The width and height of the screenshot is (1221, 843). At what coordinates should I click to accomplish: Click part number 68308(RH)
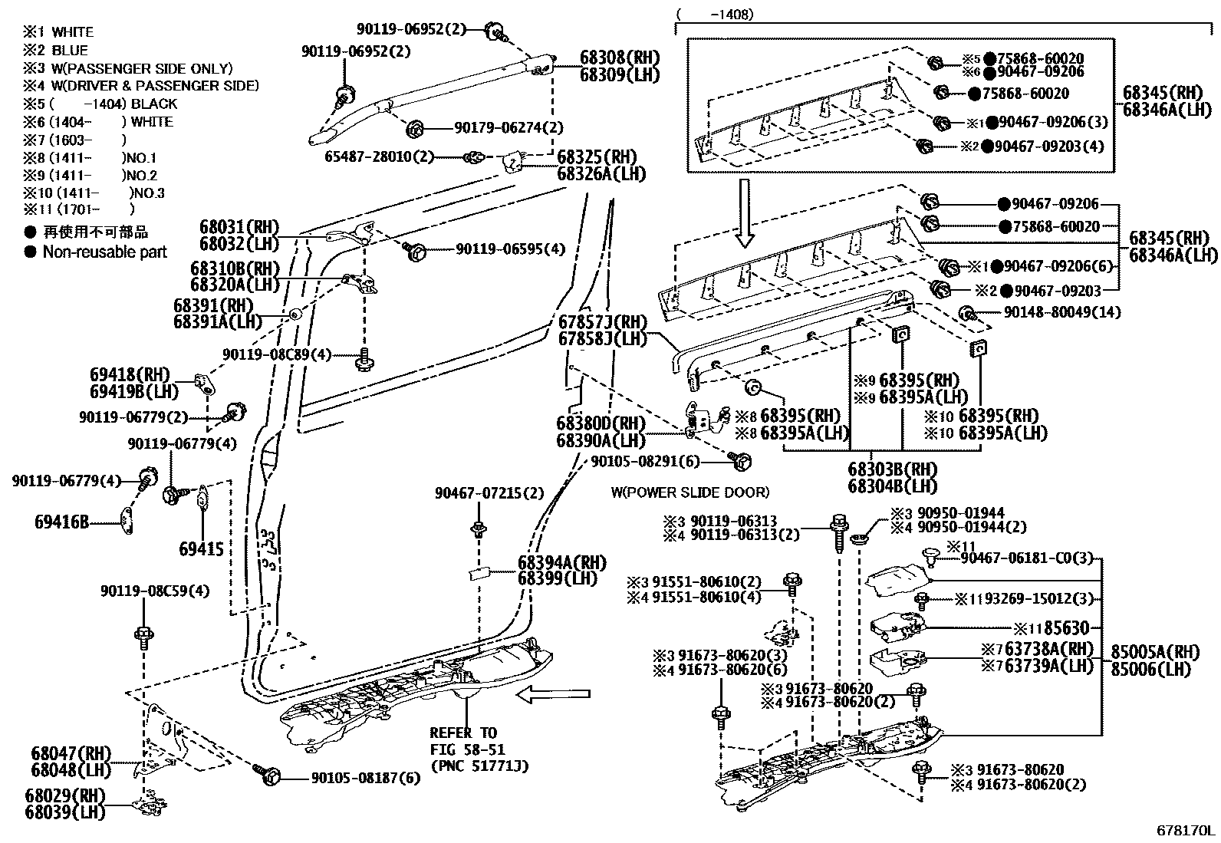pyautogui.click(x=619, y=58)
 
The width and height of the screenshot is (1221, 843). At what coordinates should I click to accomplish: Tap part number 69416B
pyautogui.click(x=61, y=522)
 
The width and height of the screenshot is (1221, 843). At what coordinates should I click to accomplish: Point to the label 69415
pyautogui.click(x=202, y=548)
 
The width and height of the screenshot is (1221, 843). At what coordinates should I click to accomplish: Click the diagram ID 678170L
pyautogui.click(x=1186, y=831)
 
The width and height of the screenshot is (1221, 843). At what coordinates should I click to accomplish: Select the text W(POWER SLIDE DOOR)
pyautogui.click(x=689, y=492)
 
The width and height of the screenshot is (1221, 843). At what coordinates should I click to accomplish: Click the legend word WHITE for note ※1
pyautogui.click(x=73, y=32)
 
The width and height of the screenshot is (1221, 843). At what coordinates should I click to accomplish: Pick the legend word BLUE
pyautogui.click(x=70, y=51)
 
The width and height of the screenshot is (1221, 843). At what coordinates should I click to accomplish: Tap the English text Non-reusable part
pyautogui.click(x=104, y=252)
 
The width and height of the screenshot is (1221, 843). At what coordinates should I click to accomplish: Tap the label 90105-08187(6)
pyautogui.click(x=366, y=778)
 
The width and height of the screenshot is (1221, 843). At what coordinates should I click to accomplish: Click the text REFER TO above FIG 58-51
pyautogui.click(x=462, y=733)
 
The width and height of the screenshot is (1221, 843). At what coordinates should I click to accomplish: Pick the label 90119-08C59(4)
pyautogui.click(x=144, y=591)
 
